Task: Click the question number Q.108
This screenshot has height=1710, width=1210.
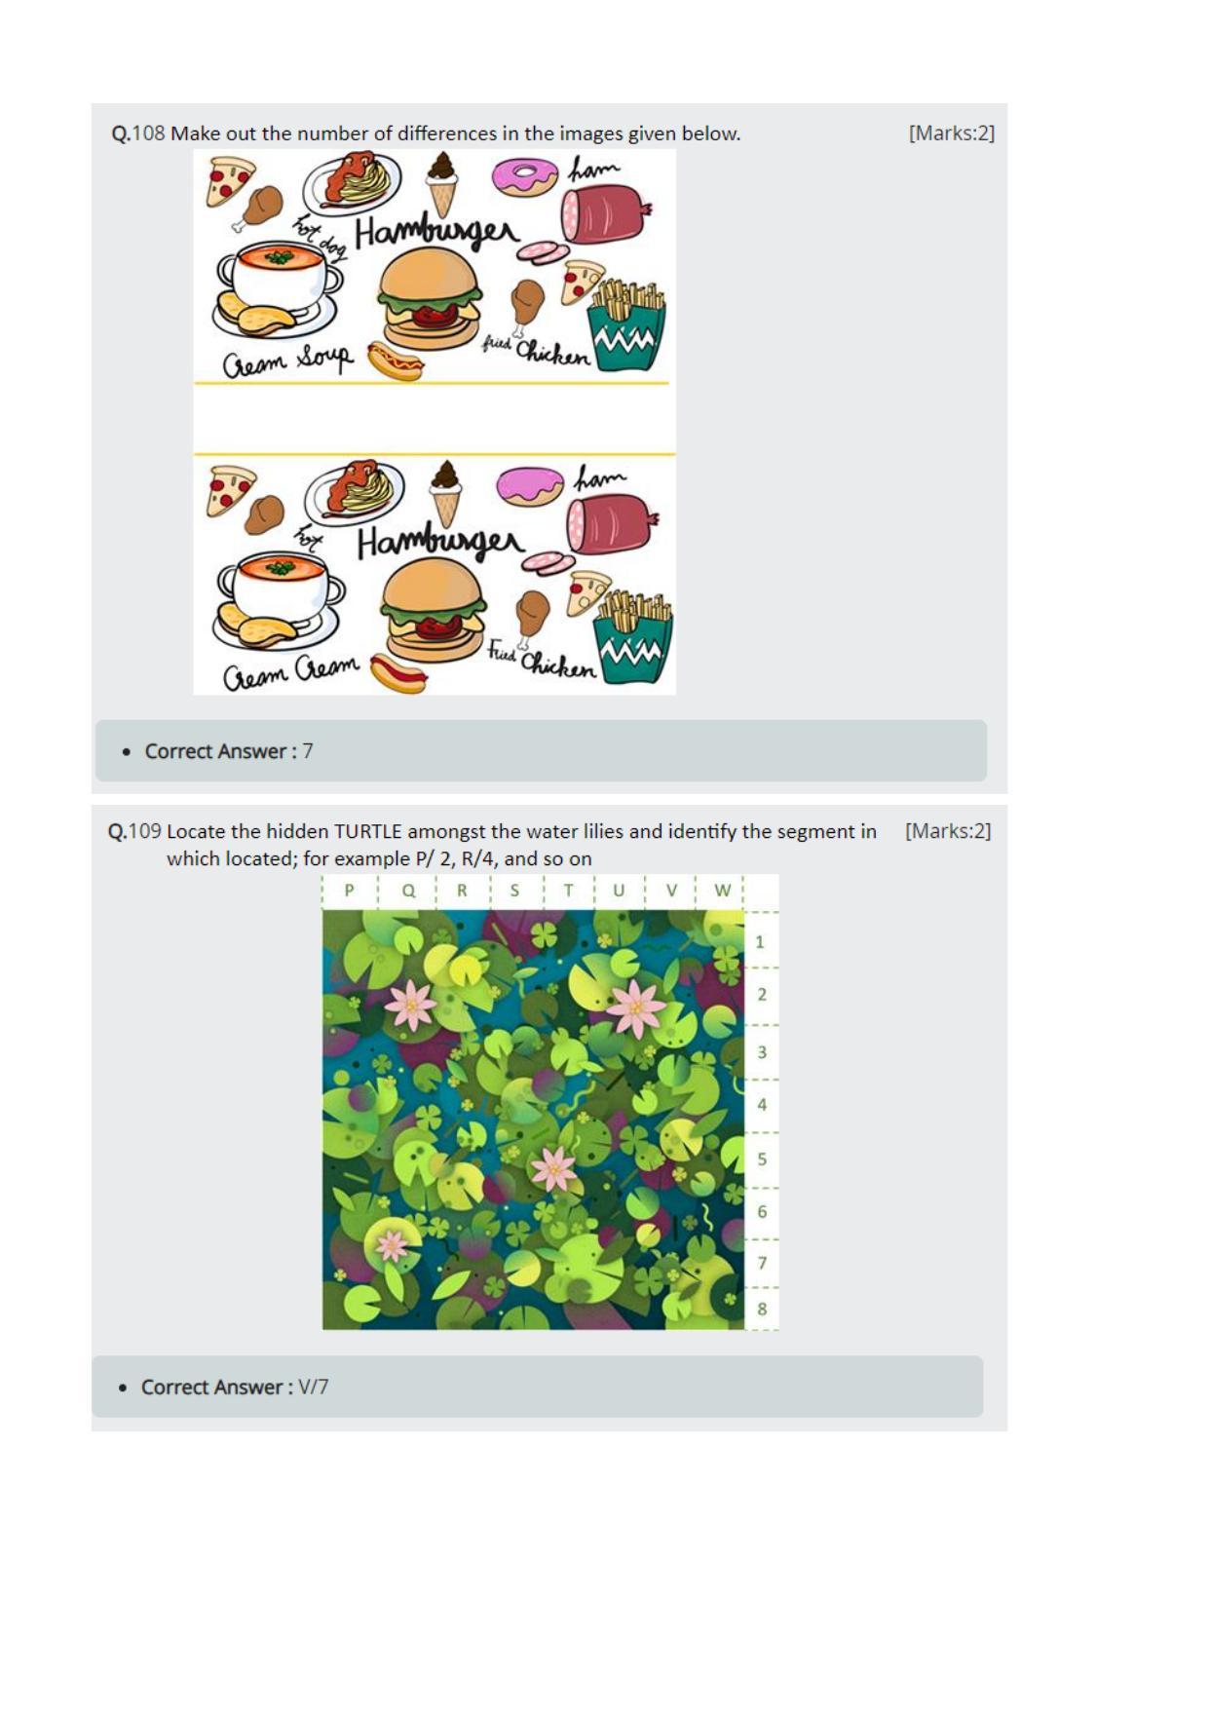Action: pos(137,133)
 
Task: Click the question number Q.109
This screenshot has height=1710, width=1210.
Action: pos(133,831)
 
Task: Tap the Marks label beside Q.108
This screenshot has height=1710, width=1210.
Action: pos(951,133)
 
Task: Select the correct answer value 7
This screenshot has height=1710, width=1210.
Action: pos(308,751)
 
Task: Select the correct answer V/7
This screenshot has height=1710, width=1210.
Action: pos(313,1387)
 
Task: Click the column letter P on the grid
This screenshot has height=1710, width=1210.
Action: pos(350,890)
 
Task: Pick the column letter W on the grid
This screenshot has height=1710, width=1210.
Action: pos(722,890)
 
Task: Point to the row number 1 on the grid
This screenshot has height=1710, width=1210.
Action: pos(760,942)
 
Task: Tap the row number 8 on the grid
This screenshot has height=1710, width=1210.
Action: pos(762,1309)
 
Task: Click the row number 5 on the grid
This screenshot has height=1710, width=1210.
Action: pos(762,1159)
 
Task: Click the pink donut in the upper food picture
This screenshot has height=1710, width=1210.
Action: pos(524,175)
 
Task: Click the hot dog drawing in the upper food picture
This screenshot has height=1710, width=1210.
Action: pos(396,361)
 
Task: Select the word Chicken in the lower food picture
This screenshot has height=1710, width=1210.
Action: pos(558,665)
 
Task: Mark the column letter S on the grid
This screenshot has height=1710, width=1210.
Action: pos(514,890)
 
